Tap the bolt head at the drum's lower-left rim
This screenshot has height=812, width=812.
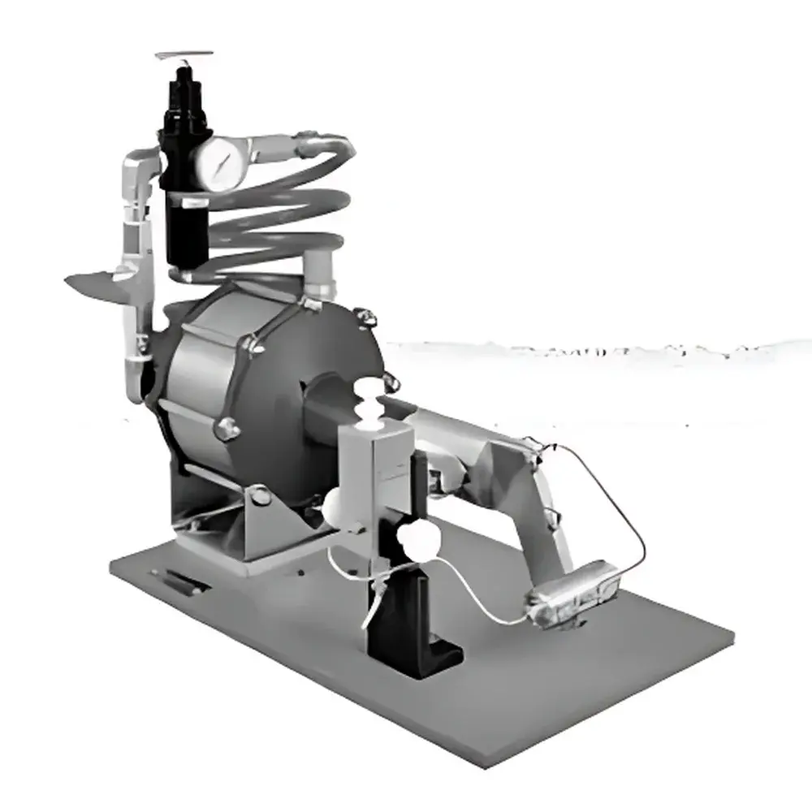click(225, 428)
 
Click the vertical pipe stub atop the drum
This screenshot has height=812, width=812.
click(319, 272)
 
